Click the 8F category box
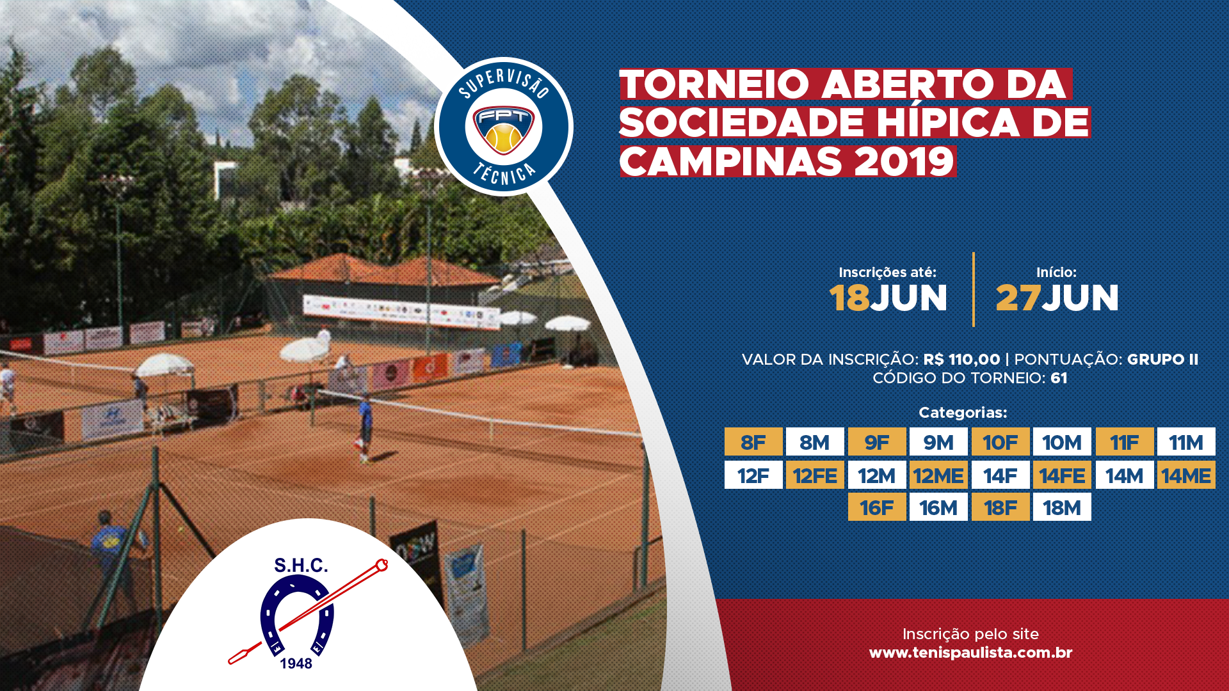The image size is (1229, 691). [753, 441]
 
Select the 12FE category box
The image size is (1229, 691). [815, 475]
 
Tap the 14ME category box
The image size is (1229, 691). [1186, 475]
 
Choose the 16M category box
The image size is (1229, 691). [938, 507]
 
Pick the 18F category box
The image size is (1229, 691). [1000, 507]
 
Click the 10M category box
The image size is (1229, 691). [1062, 441]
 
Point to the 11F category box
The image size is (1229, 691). [1125, 441]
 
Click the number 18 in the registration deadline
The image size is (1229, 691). [849, 298]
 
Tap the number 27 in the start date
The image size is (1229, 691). [1018, 298]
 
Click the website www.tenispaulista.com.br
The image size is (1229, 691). [970, 653]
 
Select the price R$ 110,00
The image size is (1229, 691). [961, 360]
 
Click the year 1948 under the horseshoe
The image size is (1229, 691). [296, 663]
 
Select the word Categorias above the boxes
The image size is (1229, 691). [963, 413]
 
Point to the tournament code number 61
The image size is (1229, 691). [1059, 378]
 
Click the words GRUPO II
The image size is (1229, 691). [1162, 360]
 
